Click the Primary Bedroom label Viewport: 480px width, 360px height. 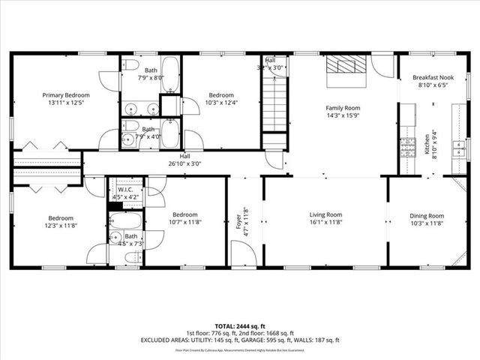(66, 95)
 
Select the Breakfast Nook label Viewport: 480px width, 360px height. (430, 78)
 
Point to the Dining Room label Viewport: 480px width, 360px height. (426, 215)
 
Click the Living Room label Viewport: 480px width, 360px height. (325, 215)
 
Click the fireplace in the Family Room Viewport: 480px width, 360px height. (346, 65)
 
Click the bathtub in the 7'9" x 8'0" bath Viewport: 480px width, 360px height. (171, 75)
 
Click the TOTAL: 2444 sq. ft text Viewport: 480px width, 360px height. (239, 324)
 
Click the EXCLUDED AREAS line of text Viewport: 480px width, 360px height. (239, 339)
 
